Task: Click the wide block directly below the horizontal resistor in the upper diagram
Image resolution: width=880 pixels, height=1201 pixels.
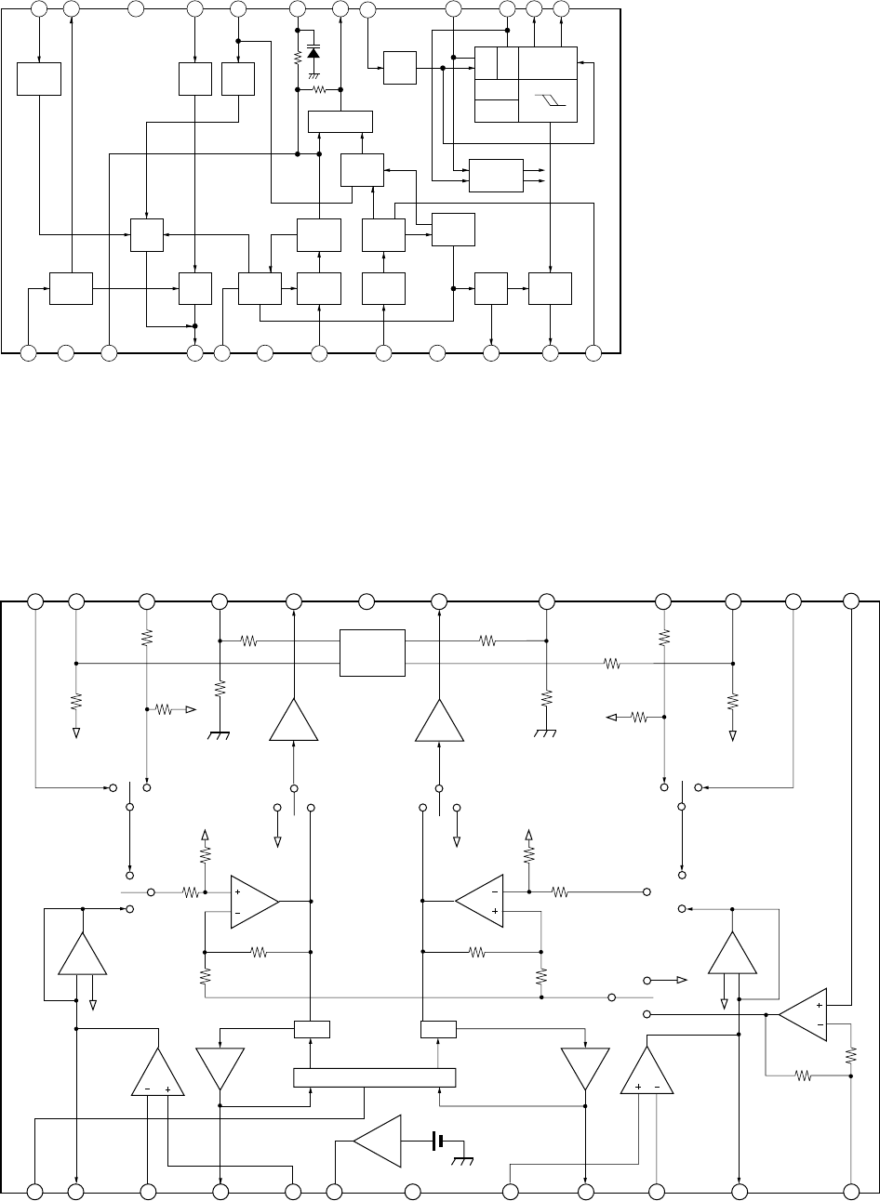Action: (340, 122)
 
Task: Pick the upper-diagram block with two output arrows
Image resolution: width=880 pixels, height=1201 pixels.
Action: (496, 175)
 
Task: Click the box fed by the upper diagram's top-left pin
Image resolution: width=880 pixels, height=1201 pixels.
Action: (39, 79)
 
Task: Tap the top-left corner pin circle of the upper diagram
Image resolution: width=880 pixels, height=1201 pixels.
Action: (39, 9)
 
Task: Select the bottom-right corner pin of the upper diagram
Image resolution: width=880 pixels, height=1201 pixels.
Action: (595, 353)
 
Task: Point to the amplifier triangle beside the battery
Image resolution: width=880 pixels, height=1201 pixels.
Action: (380, 1141)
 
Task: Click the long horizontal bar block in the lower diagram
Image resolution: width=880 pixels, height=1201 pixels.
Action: (374, 1077)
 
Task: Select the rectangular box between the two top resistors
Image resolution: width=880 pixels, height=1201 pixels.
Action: (372, 653)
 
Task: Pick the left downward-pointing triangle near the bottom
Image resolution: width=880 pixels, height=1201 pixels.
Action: (220, 1067)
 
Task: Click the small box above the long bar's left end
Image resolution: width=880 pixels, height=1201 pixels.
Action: (312, 1029)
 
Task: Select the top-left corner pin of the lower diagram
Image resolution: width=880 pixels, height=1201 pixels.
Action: (35, 600)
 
